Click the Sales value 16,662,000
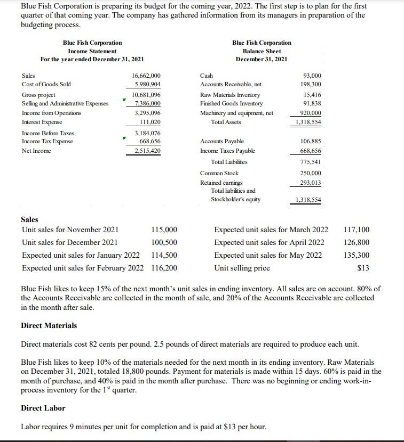(x=146, y=76)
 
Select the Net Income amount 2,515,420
(x=147, y=151)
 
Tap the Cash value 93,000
(x=312, y=76)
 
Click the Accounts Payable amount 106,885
(x=310, y=141)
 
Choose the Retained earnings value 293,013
(x=310, y=182)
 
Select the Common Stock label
(x=219, y=173)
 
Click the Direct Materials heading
(x=49, y=325)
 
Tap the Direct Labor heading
(x=43, y=408)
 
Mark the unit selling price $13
(x=363, y=268)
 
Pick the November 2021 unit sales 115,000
(x=164, y=230)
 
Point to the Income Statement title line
(x=92, y=51)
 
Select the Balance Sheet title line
(x=262, y=51)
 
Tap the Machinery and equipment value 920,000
(x=310, y=113)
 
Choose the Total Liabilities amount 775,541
(x=310, y=162)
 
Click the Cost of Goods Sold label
(x=46, y=85)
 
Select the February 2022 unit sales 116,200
(x=164, y=268)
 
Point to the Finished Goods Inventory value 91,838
(x=312, y=103)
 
